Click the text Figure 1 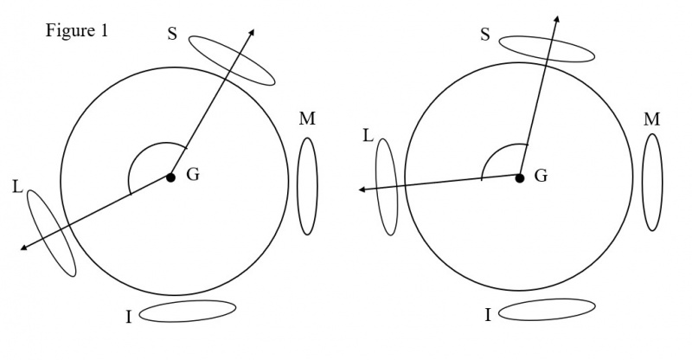pyautogui.click(x=77, y=31)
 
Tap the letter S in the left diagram pyautogui.click(x=172, y=34)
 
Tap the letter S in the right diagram pyautogui.click(x=485, y=35)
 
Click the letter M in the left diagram pyautogui.click(x=307, y=119)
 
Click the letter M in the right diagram pyautogui.click(x=652, y=119)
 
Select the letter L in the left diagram pyautogui.click(x=17, y=187)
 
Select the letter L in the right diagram pyautogui.click(x=368, y=136)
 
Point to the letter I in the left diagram pyautogui.click(x=129, y=317)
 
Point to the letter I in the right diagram pyautogui.click(x=488, y=315)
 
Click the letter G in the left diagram pyautogui.click(x=193, y=175)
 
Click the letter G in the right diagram pyautogui.click(x=541, y=176)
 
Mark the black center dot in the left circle pyautogui.click(x=170, y=177)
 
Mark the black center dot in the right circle pyautogui.click(x=520, y=178)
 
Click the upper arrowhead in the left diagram pyautogui.click(x=252, y=32)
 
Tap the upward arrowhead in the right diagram pyautogui.click(x=557, y=19)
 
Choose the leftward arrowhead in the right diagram pyautogui.click(x=362, y=190)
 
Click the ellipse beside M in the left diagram pyautogui.click(x=308, y=186)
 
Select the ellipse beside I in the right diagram pyautogui.click(x=547, y=309)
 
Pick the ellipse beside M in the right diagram pyautogui.click(x=652, y=182)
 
